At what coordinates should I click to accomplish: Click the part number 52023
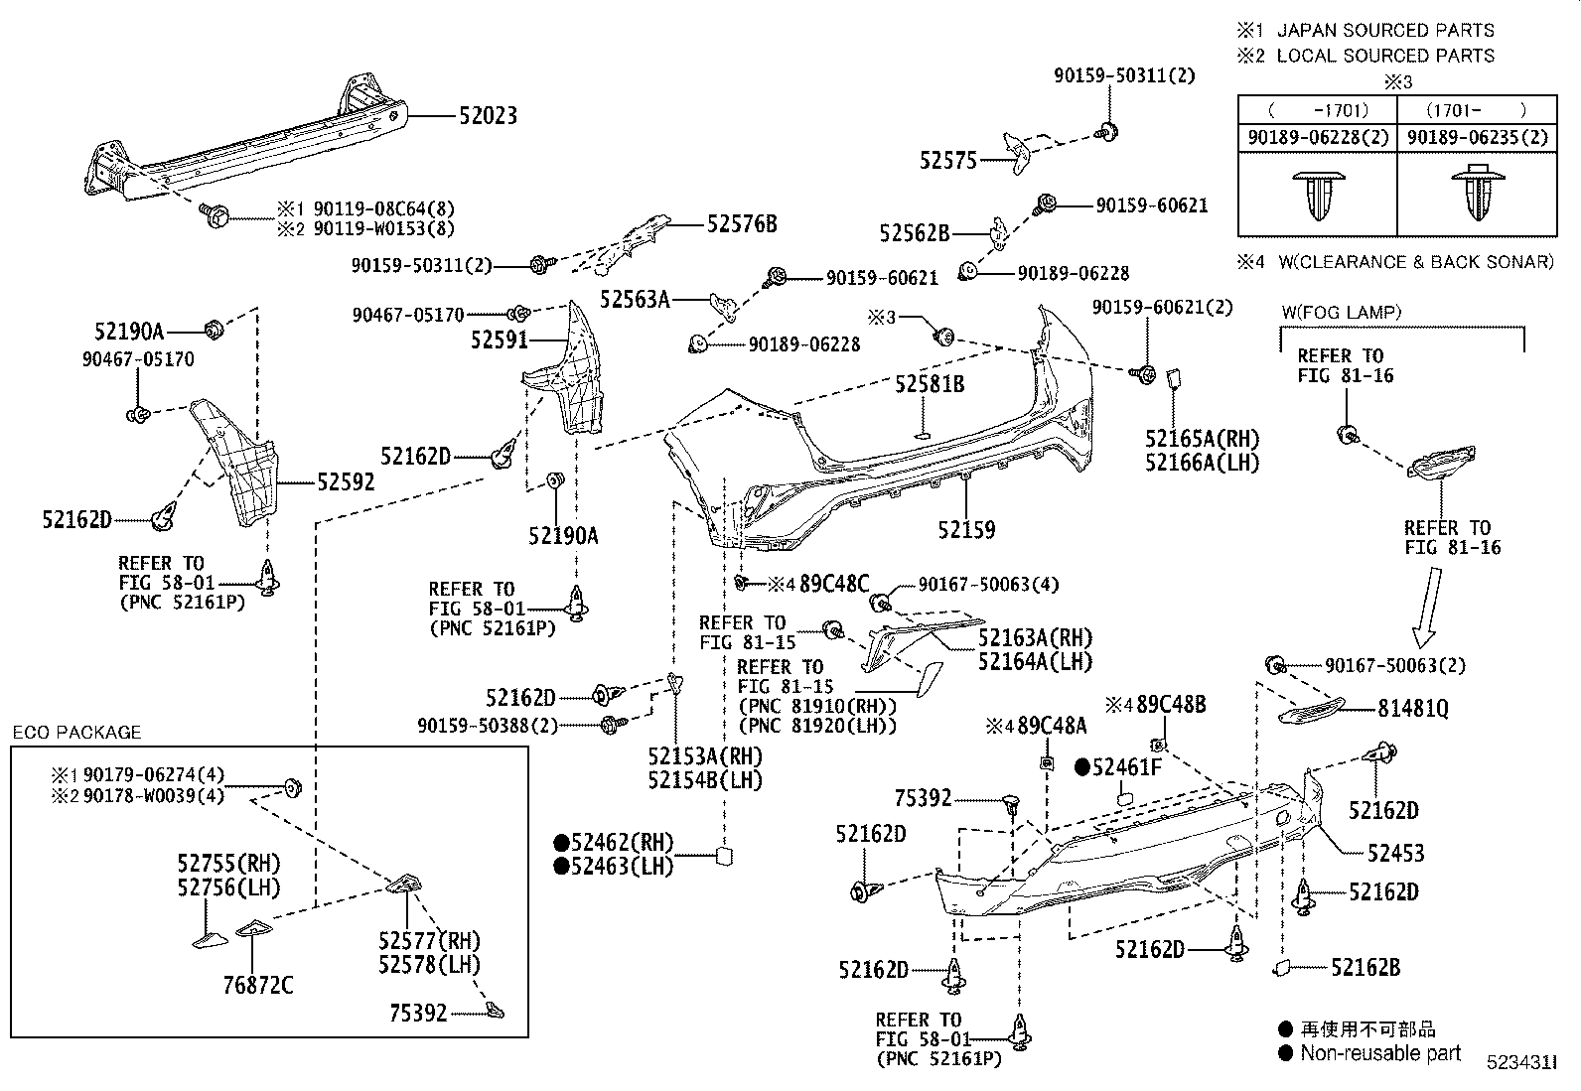pyautogui.click(x=488, y=116)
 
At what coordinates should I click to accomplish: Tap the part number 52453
pyautogui.click(x=1395, y=853)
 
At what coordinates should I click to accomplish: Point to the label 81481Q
pyautogui.click(x=1412, y=708)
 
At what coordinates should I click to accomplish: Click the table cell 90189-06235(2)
pyautogui.click(x=1478, y=138)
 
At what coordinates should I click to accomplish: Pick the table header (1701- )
pyautogui.click(x=1476, y=110)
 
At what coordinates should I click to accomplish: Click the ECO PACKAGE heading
pyautogui.click(x=76, y=733)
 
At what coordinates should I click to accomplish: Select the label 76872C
pyautogui.click(x=257, y=985)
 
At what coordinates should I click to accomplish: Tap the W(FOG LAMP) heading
pyautogui.click(x=1341, y=312)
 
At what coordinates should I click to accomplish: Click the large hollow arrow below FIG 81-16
pyautogui.click(x=1428, y=606)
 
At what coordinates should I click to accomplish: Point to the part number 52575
pyautogui.click(x=948, y=160)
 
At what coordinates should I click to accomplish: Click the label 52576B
pyautogui.click(x=742, y=224)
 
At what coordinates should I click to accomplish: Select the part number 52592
pyautogui.click(x=346, y=482)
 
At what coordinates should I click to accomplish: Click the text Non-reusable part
pyautogui.click(x=1380, y=1053)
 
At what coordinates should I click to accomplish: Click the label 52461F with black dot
pyautogui.click(x=1124, y=767)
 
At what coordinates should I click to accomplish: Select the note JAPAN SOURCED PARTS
pyautogui.click(x=1384, y=31)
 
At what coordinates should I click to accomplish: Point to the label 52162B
pyautogui.click(x=1365, y=967)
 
